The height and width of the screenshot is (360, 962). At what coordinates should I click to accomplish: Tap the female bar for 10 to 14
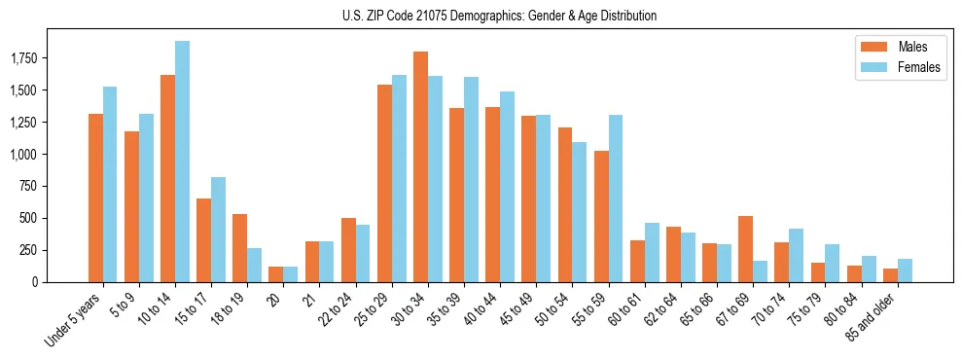[182, 162]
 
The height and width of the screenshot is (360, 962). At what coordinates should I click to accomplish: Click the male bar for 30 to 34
[420, 166]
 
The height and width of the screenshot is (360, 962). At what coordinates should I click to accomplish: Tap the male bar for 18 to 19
[239, 248]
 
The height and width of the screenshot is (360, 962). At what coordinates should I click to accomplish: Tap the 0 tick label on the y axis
[61, 282]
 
